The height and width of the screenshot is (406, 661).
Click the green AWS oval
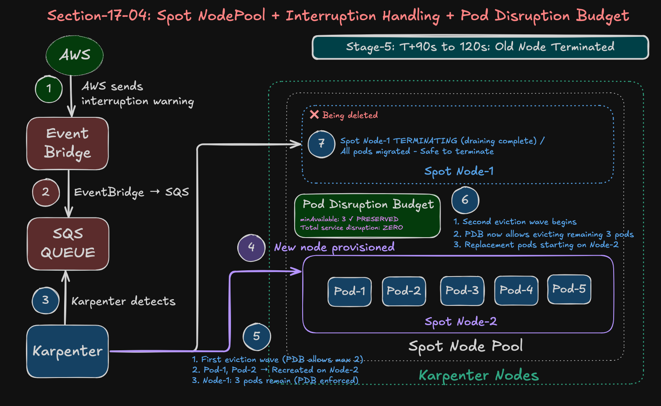(x=75, y=55)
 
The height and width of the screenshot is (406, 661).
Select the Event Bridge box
(x=67, y=143)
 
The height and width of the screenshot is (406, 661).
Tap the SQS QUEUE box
(x=68, y=243)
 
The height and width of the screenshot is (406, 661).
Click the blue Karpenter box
(x=67, y=351)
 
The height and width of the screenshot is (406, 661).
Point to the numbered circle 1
(x=49, y=89)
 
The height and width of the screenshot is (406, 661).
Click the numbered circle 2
(x=46, y=192)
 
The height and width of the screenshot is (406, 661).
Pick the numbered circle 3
(x=46, y=300)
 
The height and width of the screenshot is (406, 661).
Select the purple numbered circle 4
(x=251, y=247)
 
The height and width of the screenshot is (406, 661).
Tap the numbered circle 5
(x=257, y=336)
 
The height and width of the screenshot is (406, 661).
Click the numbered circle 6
(x=465, y=200)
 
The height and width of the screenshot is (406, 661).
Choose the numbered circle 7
(x=321, y=144)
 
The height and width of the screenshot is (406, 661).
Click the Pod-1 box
(x=350, y=291)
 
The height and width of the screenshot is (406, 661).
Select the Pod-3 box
(x=462, y=290)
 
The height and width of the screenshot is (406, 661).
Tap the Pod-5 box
(x=569, y=289)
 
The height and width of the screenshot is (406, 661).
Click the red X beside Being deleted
(x=314, y=114)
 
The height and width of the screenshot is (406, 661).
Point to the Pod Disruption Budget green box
(x=368, y=215)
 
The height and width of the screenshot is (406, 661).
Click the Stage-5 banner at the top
(x=480, y=47)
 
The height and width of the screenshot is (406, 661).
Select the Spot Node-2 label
(x=460, y=322)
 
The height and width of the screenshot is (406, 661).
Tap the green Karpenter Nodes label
(x=479, y=375)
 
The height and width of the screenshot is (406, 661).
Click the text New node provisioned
(x=334, y=247)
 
